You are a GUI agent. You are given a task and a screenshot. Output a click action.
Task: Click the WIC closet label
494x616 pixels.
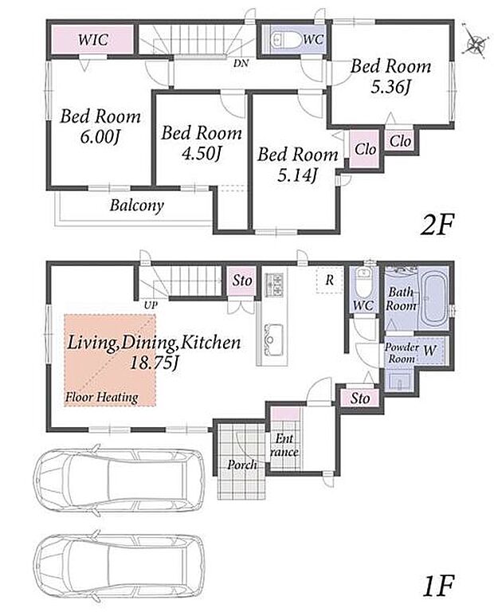click(x=92, y=40)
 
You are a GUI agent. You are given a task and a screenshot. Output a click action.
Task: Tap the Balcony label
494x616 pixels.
click(x=137, y=206)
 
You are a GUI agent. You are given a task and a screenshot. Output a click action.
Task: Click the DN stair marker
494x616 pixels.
click(x=241, y=63)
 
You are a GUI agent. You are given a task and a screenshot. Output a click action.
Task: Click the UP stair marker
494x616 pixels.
click(x=151, y=305)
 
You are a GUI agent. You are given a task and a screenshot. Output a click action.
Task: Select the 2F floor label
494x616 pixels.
click(x=437, y=225)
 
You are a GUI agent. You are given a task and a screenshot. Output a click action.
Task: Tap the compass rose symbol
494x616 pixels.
click(x=475, y=41)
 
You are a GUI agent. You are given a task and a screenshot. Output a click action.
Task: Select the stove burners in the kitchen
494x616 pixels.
click(x=274, y=284)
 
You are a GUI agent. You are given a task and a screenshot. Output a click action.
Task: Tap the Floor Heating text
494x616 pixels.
click(x=102, y=397)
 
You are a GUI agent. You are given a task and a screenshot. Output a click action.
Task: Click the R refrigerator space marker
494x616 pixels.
click(x=329, y=280)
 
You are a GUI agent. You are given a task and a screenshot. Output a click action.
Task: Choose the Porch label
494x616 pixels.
click(x=242, y=465)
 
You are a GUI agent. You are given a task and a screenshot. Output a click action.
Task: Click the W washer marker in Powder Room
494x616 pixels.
click(x=429, y=350)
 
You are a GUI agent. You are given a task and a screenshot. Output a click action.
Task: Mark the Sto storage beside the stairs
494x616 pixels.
click(x=242, y=281)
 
